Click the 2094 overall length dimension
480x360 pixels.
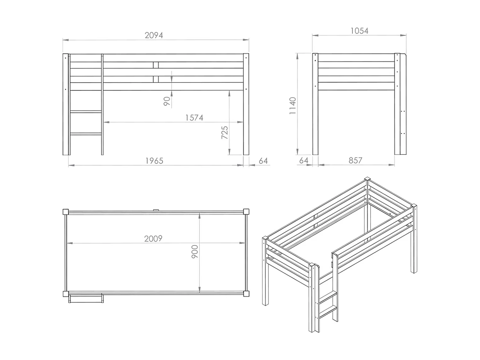pos(154,35)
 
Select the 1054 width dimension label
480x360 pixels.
pos(359,31)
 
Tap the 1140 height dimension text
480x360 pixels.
pos(292,106)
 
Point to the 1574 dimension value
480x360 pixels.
pos(194,118)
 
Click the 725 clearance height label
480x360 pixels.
pos(225,132)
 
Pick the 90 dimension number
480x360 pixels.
pos(167,101)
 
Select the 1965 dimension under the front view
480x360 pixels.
pos(154,161)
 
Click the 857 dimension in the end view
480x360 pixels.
pos(355,160)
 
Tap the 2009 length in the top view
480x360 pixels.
pos(153,238)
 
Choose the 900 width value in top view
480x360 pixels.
pos(195,252)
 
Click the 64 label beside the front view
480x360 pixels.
pos(263,161)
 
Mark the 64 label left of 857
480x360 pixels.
pos(303,160)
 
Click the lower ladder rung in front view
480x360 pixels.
pos(86,134)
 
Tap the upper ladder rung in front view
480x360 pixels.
pos(86,112)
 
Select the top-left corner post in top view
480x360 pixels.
pos(66,212)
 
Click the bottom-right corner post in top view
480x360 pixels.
pos(246,293)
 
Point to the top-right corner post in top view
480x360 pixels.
pos(246,212)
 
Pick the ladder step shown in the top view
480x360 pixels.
pos(86,299)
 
